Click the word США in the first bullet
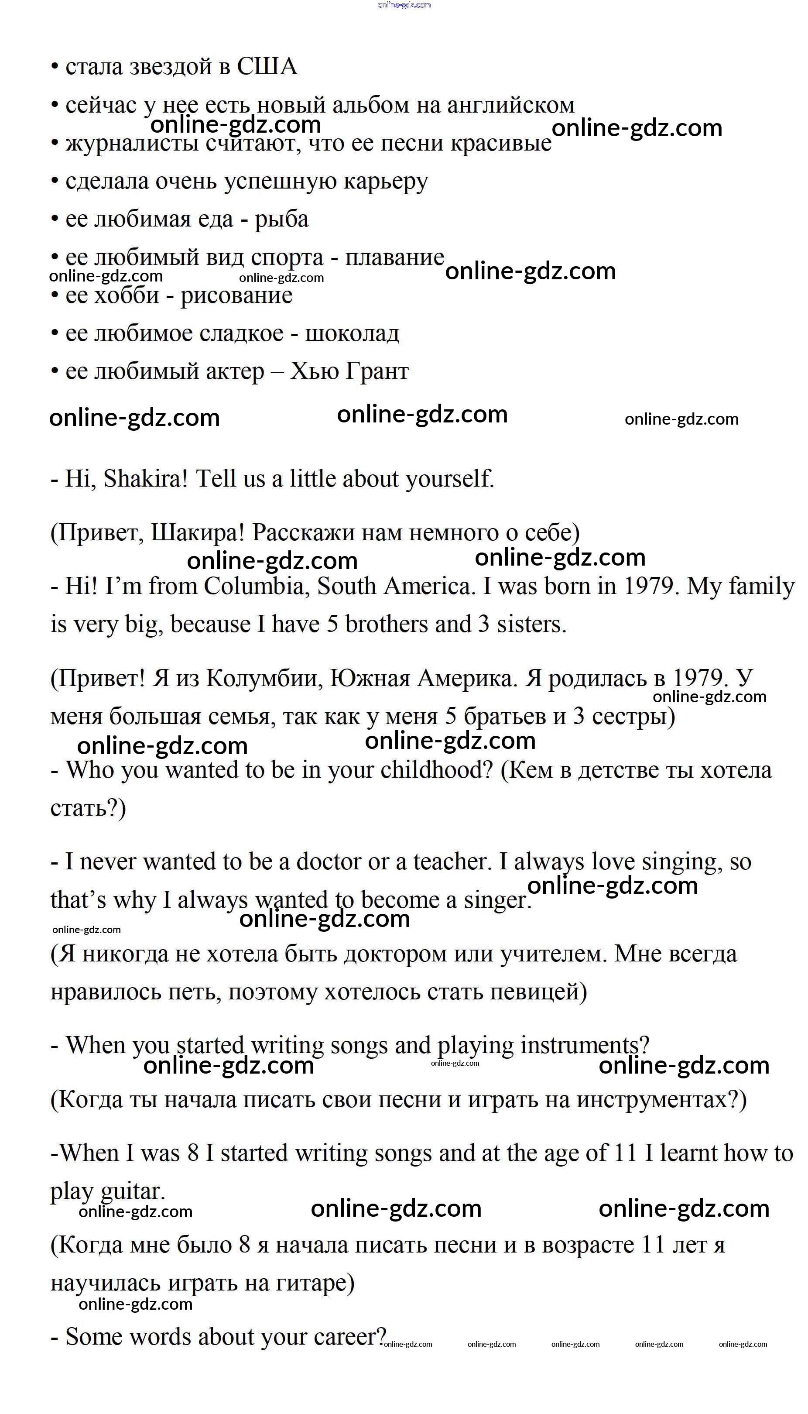(x=267, y=67)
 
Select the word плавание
(x=394, y=257)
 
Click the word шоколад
(x=353, y=333)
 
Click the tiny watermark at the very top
(x=404, y=5)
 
